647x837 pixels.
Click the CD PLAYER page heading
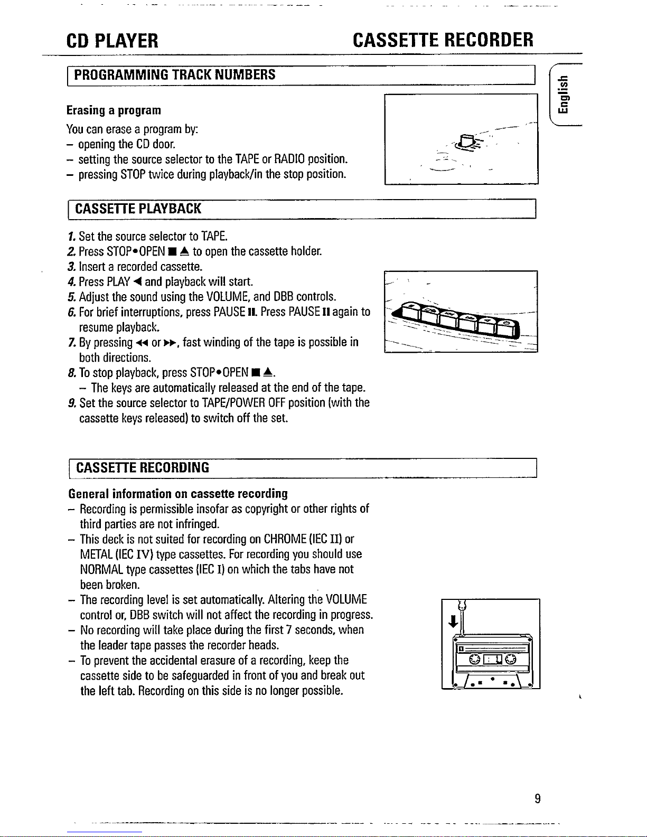(x=112, y=41)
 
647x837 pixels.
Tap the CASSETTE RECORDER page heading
(x=443, y=40)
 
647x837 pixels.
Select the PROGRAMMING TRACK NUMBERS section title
(x=174, y=74)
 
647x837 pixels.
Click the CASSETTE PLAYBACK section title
(x=138, y=209)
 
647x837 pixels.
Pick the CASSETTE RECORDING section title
(x=143, y=467)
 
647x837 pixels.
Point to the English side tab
(x=563, y=95)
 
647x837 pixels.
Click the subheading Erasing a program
(x=114, y=110)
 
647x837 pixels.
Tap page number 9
(x=538, y=798)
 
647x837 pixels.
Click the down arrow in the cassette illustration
(x=453, y=621)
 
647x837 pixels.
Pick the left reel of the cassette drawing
(x=474, y=660)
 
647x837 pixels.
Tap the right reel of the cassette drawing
(x=510, y=660)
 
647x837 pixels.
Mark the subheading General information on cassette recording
(x=178, y=493)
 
